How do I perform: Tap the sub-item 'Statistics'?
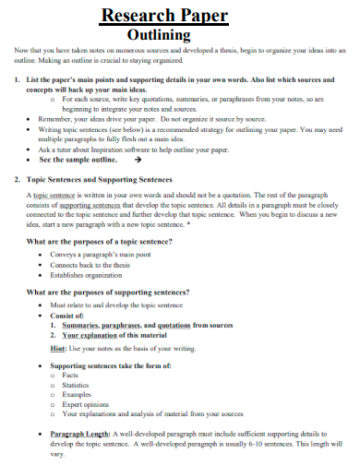click(76, 386)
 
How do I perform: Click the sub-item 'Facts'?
click(70, 376)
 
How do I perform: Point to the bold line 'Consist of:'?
click(67, 315)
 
